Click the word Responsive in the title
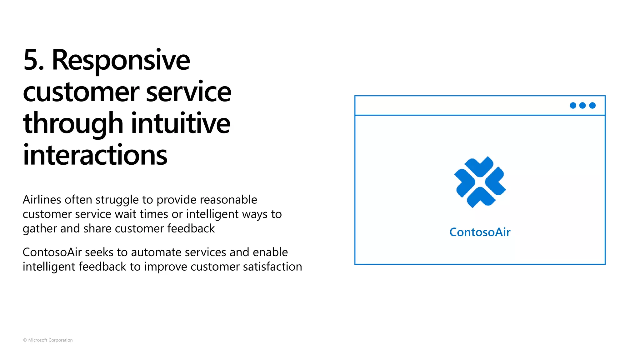point(121,60)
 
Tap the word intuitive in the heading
point(181,123)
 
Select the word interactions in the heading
point(95,155)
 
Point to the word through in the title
point(73,124)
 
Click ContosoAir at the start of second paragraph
point(52,252)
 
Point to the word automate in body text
point(156,252)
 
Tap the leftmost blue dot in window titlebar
point(573,105)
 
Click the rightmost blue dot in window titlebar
point(592,105)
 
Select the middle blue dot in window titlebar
point(582,105)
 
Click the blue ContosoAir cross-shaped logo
point(480,182)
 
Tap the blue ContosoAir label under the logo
point(480,232)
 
